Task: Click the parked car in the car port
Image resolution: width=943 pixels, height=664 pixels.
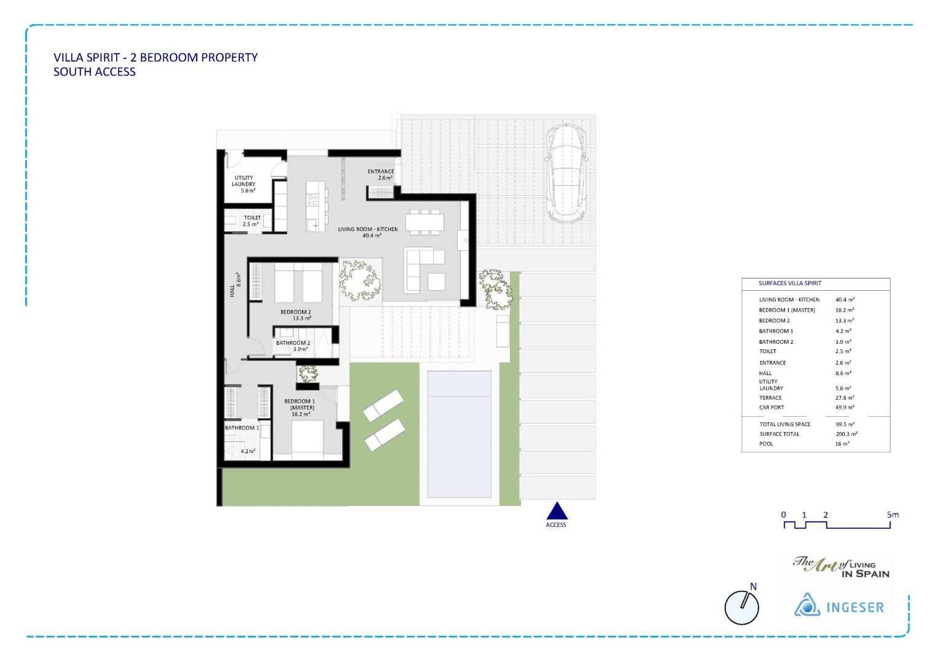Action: pos(568,173)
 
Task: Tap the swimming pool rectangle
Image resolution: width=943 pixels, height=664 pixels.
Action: pos(459,434)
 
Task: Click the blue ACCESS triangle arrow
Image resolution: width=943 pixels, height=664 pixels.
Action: pos(557,512)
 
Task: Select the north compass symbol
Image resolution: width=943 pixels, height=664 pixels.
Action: pos(742,607)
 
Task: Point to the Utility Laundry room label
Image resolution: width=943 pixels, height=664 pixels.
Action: pos(244,184)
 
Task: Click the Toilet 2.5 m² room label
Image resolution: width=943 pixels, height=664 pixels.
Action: pos(252,221)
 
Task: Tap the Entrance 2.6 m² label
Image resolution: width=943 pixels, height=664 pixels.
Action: pos(381,175)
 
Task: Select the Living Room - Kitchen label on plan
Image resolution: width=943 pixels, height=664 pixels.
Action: pos(368,232)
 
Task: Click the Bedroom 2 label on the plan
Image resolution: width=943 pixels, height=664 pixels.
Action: pos(296,315)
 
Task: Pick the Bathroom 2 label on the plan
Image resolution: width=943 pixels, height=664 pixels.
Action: pos(293,346)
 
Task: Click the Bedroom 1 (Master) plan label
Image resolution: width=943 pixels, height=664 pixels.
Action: pos(300,408)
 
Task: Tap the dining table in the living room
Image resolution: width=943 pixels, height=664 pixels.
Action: pos(424,221)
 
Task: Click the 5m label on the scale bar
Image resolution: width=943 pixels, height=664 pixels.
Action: pos(893,515)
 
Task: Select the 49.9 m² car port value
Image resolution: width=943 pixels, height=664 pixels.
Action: pos(844,407)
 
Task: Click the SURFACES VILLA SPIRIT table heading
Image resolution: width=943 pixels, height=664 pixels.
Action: pos(790,283)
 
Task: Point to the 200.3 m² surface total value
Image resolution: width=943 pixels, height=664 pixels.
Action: pos(846,434)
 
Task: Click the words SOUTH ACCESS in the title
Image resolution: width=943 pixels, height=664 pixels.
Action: pos(94,72)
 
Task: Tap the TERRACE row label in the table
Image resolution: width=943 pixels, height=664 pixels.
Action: pos(770,398)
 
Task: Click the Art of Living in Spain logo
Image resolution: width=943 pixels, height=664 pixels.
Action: pos(841,566)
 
